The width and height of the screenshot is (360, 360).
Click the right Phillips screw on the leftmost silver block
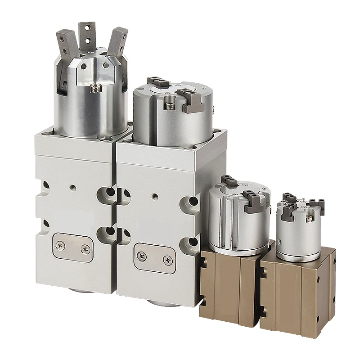click(85, 248)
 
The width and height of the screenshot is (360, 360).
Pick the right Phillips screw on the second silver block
click(167, 260)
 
